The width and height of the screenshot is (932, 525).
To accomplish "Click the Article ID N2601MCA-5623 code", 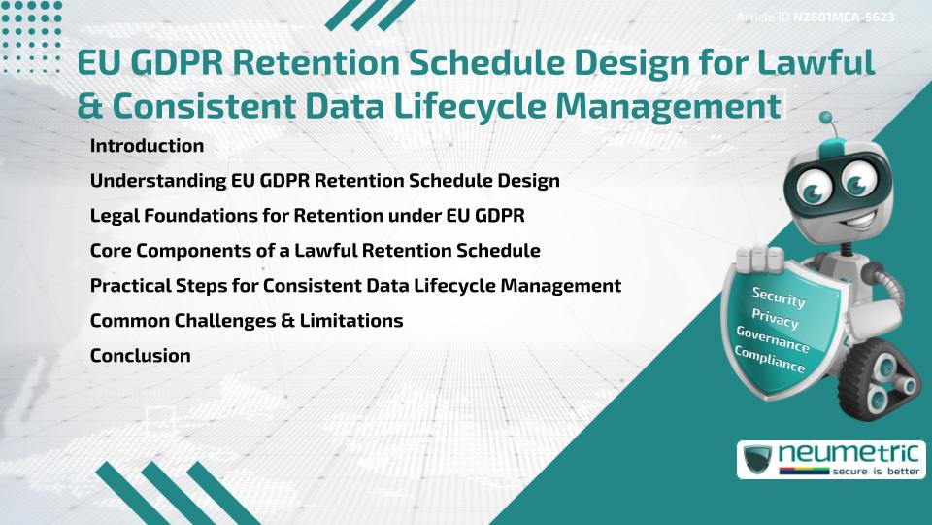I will click(843, 17).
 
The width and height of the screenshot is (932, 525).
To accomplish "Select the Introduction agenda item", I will click(147, 146).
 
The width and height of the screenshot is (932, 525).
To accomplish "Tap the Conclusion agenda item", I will click(140, 356).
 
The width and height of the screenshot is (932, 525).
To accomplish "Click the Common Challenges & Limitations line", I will click(246, 321).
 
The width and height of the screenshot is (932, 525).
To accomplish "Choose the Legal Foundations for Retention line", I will click(307, 216).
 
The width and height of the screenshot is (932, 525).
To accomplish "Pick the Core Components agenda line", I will click(315, 251).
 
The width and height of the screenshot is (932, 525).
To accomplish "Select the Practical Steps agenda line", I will click(355, 286).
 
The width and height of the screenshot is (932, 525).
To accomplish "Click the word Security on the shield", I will click(779, 297).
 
